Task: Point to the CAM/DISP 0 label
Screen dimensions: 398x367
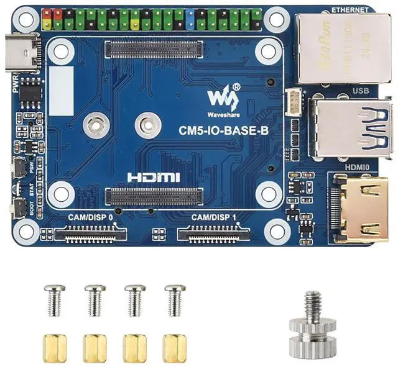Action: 91,217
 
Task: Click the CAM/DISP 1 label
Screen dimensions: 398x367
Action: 213,217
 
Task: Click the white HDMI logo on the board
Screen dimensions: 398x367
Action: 154,177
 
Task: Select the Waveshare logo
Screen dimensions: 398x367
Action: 222,98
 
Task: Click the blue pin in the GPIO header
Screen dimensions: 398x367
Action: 189,20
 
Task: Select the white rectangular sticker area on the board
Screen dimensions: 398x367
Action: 62,89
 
